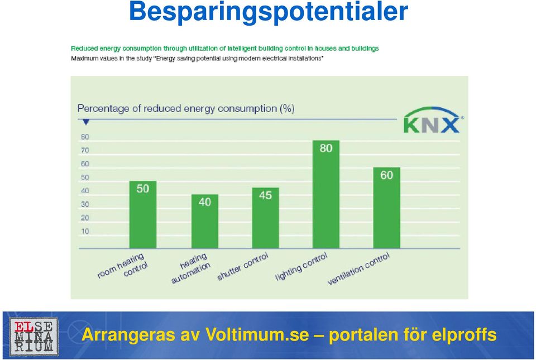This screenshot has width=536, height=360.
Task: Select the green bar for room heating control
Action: pyautogui.click(x=143, y=214)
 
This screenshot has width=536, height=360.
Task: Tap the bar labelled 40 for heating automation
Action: pyautogui.click(x=205, y=222)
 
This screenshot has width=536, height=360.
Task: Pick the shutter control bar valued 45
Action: pyautogui.click(x=265, y=218)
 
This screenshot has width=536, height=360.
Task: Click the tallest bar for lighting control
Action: pyautogui.click(x=326, y=194)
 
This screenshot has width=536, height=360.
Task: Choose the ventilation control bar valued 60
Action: pyautogui.click(x=386, y=208)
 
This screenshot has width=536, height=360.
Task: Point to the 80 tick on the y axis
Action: pyautogui.click(x=85, y=137)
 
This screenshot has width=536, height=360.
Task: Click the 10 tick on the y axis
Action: pyautogui.click(x=85, y=232)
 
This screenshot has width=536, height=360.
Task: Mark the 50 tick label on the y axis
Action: pyautogui.click(x=85, y=177)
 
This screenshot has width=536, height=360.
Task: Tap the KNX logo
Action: pyautogui.click(x=433, y=120)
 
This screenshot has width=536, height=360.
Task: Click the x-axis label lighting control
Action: pyautogui.click(x=301, y=267)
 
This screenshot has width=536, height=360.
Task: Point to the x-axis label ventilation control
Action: pyautogui.click(x=358, y=269)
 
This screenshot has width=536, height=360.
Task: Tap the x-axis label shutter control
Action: pyautogui.click(x=243, y=267)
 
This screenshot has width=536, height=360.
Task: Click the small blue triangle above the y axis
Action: pyautogui.click(x=86, y=122)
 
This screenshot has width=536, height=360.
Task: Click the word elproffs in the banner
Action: pyautogui.click(x=464, y=334)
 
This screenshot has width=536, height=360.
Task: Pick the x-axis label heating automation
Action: pyautogui.click(x=192, y=268)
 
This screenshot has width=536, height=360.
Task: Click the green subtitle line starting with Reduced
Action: pyautogui.click(x=224, y=49)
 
